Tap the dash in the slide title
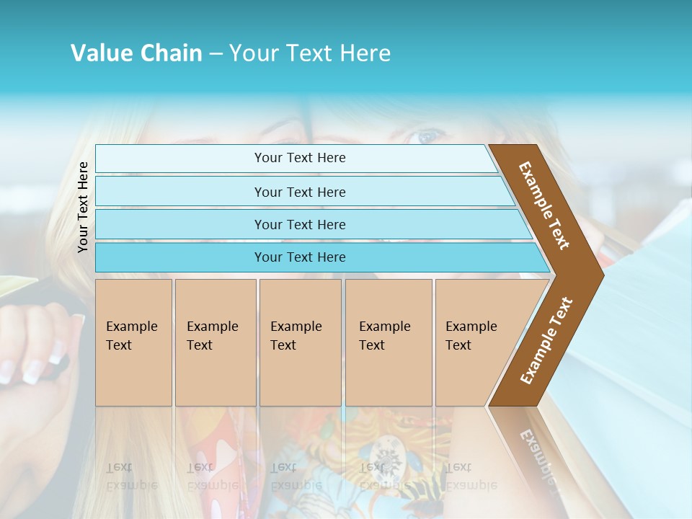[216, 54]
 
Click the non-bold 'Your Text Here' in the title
[310, 53]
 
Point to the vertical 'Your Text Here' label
[83, 207]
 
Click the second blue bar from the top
[300, 192]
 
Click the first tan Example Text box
[133, 342]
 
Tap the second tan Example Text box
[215, 342]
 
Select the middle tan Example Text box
[300, 342]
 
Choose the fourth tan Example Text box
[388, 342]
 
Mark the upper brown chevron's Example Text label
[544, 205]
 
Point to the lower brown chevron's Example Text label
[546, 340]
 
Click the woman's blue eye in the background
[427, 136]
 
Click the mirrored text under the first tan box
[131, 476]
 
